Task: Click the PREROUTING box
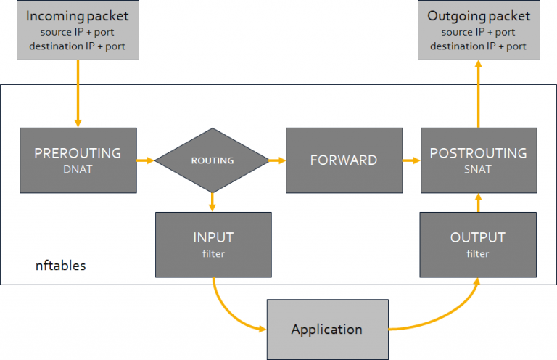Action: [x=78, y=160]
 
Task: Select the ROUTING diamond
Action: [x=211, y=160]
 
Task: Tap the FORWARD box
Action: [x=344, y=160]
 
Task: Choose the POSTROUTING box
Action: [x=478, y=160]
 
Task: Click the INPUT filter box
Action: [x=213, y=244]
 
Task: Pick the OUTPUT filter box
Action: [x=478, y=244]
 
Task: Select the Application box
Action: [x=326, y=329]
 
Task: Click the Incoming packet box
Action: [x=78, y=30]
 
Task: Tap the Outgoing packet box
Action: [x=478, y=30]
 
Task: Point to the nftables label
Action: [x=61, y=266]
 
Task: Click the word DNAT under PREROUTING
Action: [x=78, y=169]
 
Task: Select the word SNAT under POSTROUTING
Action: [x=478, y=169]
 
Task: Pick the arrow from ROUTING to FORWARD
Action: [x=276, y=160]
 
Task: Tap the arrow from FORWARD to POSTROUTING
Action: [x=411, y=160]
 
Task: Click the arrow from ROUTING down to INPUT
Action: [x=211, y=202]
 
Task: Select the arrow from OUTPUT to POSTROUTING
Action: [x=478, y=202]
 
